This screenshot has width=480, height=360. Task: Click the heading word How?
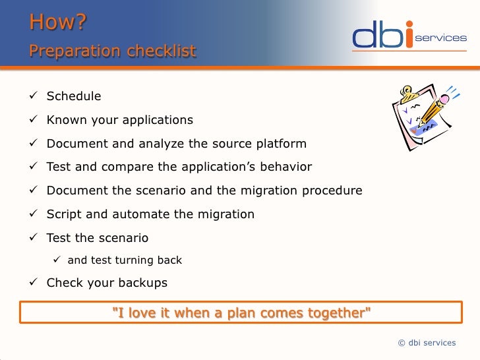pos(58,22)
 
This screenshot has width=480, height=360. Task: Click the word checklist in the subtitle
pos(162,51)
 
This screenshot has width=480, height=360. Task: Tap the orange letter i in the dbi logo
pos(409,34)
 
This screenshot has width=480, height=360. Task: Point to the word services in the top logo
pos(441,38)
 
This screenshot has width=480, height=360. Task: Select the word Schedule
pos(74,96)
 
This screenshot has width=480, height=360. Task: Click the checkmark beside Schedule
pos(33,95)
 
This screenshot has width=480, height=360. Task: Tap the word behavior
pos(286,167)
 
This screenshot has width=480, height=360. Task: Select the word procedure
pos(332,191)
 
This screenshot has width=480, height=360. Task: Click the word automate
pos(140,214)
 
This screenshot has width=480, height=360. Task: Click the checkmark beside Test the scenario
pos(33,237)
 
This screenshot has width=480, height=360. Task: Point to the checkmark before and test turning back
pos(57,259)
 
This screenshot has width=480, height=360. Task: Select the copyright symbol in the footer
pos(402,343)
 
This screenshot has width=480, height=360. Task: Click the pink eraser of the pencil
pos(444,99)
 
